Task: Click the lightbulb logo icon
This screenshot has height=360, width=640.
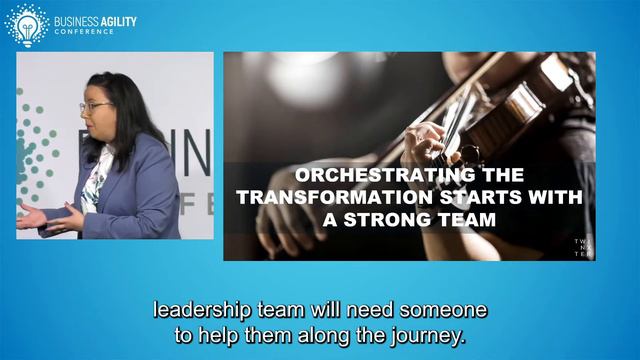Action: click(26, 23)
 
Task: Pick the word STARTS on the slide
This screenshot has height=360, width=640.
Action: click(436, 197)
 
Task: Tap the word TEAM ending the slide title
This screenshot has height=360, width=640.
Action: click(468, 219)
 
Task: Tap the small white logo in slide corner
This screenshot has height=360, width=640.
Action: click(581, 248)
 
